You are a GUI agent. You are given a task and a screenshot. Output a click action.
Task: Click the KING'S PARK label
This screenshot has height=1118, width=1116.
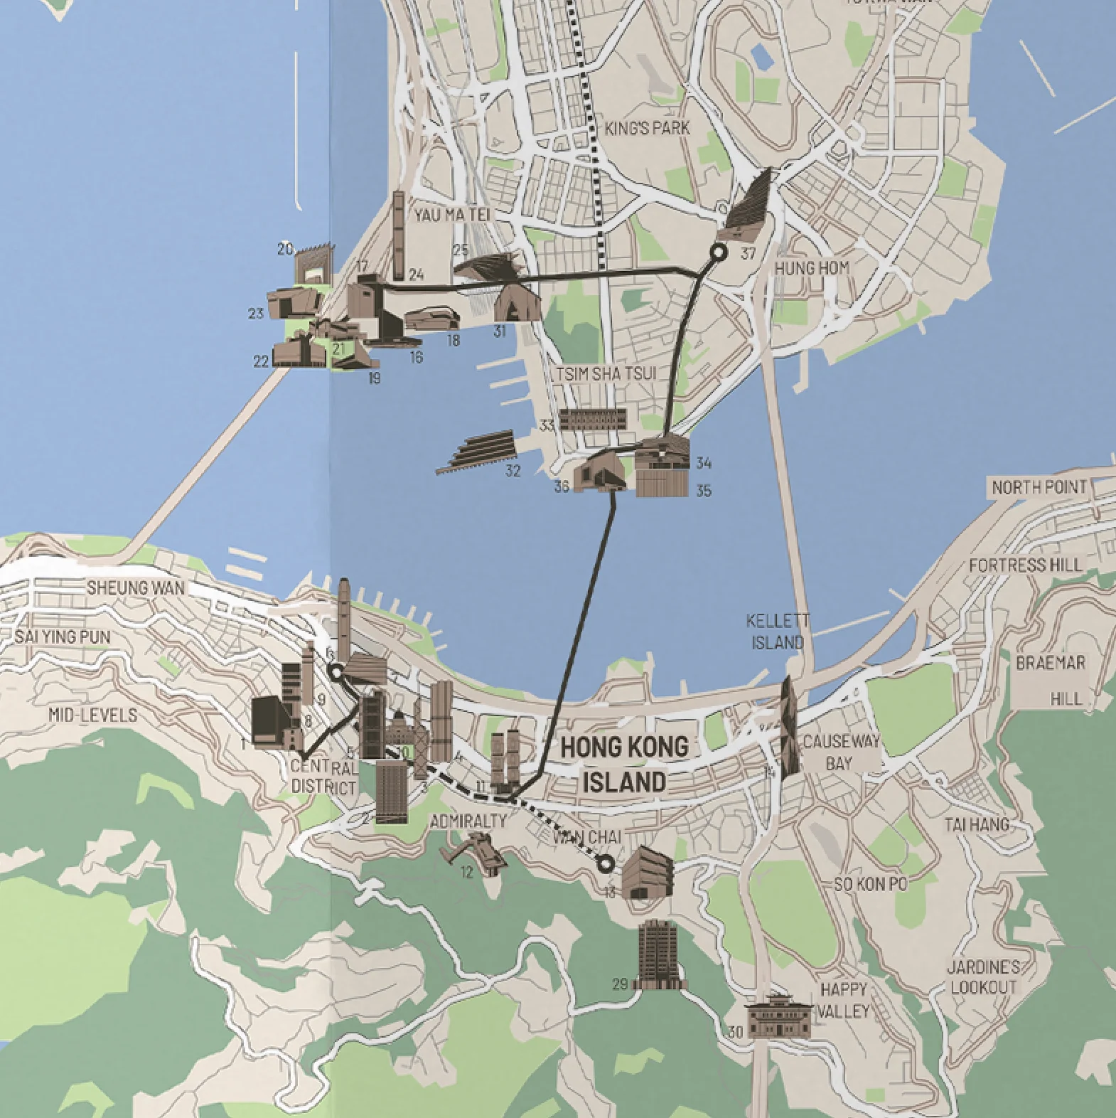(x=647, y=129)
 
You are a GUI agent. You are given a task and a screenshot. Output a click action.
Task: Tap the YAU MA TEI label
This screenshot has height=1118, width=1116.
(x=452, y=215)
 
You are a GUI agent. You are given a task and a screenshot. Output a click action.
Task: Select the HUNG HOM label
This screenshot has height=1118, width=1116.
(x=812, y=268)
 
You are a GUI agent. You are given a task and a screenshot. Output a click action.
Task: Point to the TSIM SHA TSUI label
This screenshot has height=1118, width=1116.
(x=606, y=374)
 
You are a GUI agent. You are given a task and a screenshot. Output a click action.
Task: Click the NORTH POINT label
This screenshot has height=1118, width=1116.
(x=1039, y=488)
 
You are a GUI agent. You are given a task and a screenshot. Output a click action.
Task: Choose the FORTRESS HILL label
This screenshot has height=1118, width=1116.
(x=1025, y=565)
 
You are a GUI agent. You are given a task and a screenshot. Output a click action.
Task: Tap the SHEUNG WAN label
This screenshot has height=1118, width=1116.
(x=135, y=588)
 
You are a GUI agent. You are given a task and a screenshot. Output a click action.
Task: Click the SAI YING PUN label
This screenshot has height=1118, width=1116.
(x=63, y=637)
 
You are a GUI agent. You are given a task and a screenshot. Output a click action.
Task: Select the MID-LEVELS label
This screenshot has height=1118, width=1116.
(x=92, y=715)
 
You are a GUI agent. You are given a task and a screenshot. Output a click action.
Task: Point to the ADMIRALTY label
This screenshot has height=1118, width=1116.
(x=468, y=821)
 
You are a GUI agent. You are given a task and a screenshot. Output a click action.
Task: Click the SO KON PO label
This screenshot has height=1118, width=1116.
(x=870, y=884)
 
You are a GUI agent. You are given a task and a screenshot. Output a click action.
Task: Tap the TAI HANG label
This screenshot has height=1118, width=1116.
(x=976, y=825)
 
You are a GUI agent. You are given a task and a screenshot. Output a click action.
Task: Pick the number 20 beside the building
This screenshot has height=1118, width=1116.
(x=285, y=249)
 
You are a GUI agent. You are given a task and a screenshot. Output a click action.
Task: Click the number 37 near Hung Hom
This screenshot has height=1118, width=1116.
(x=747, y=254)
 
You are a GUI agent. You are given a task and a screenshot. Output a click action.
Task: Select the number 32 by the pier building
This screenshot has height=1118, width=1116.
(x=513, y=471)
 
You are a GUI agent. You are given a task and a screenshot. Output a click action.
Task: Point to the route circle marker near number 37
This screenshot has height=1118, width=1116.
(x=719, y=251)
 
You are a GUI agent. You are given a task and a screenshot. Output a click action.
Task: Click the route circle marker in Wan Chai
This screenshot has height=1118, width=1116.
(x=606, y=864)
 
